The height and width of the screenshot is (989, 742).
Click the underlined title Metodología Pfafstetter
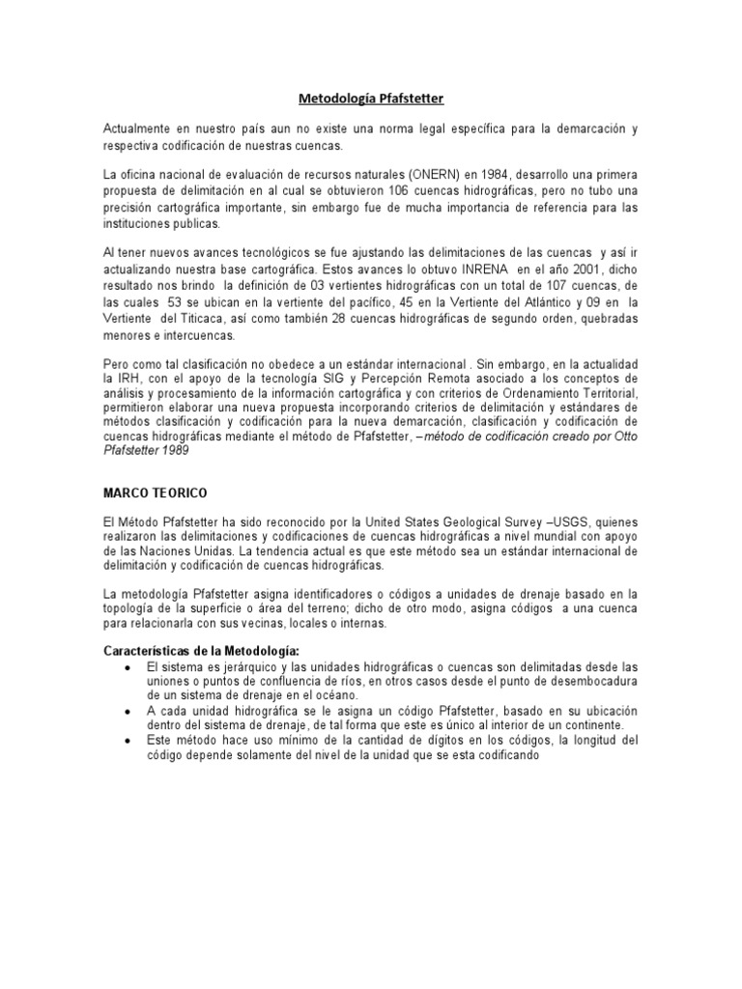(x=370, y=98)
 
